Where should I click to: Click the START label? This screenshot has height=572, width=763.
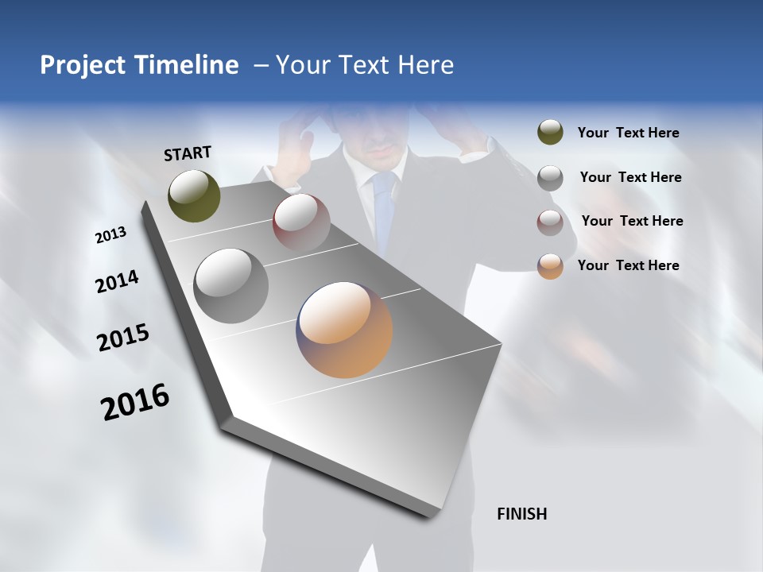(x=188, y=153)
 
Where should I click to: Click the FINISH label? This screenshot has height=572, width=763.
(x=521, y=514)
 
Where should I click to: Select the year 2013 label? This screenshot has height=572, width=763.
(x=110, y=235)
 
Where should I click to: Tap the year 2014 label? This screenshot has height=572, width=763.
(x=117, y=281)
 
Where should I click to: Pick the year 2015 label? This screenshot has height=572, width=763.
(x=123, y=338)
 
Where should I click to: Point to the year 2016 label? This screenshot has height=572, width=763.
(x=135, y=401)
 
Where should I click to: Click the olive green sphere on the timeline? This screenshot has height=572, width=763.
(x=194, y=195)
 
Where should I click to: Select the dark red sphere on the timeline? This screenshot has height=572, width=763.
(x=301, y=222)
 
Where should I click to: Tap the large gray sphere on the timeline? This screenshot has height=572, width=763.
(x=231, y=286)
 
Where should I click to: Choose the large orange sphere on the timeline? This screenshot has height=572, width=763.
(x=344, y=330)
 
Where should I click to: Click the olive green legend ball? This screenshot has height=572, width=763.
(x=550, y=133)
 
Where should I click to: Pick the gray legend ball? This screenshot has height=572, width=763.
(x=550, y=177)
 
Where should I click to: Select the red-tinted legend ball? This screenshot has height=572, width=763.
(x=550, y=222)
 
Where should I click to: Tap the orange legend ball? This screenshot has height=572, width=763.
(x=550, y=266)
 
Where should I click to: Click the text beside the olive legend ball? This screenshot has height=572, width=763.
(x=628, y=133)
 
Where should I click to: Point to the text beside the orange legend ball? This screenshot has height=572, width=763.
(x=628, y=265)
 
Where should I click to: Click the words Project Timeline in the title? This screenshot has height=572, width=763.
(x=139, y=65)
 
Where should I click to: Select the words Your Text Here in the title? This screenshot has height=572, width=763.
(x=365, y=65)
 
